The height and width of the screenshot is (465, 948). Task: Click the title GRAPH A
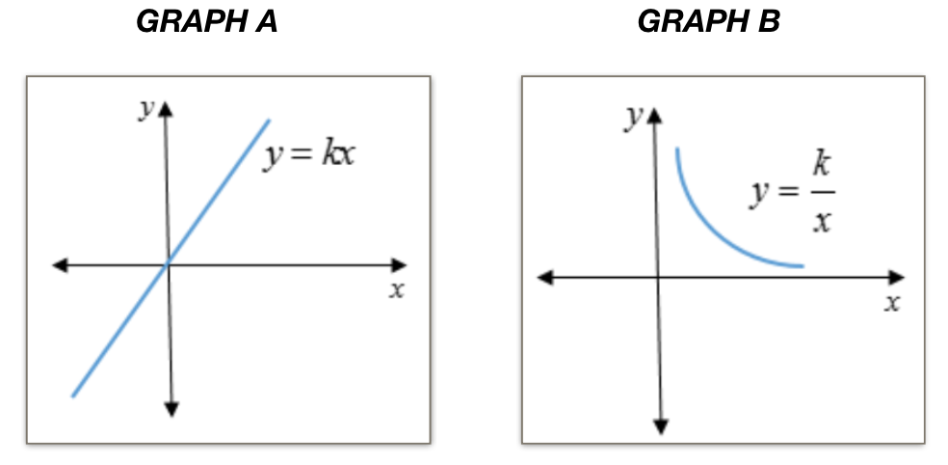pyautogui.click(x=207, y=22)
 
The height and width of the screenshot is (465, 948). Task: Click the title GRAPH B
pyautogui.click(x=708, y=22)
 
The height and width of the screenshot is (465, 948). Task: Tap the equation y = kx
pyautogui.click(x=308, y=154)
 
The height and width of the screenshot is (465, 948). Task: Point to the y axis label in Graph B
pyautogui.click(x=633, y=117)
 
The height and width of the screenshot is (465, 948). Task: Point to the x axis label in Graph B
pyautogui.click(x=892, y=303)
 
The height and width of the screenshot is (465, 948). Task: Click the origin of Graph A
pyautogui.click(x=169, y=264)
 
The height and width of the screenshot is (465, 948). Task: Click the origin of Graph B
pyautogui.click(x=659, y=278)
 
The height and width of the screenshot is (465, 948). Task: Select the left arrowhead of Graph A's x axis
pyautogui.click(x=59, y=264)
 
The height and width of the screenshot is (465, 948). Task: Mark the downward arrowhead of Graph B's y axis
pyautogui.click(x=661, y=426)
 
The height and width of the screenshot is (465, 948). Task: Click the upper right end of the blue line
pyautogui.click(x=269, y=120)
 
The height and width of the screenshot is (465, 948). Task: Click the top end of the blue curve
pyautogui.click(x=677, y=149)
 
